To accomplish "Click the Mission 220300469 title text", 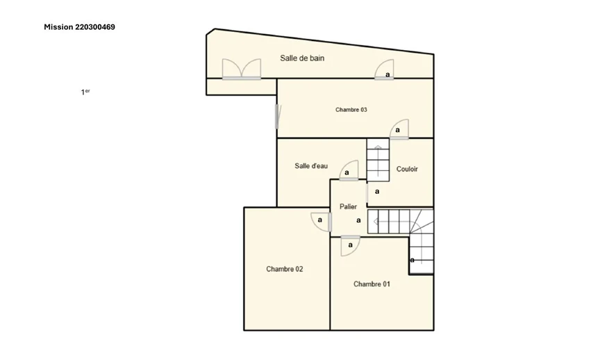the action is pyautogui.click(x=79, y=27).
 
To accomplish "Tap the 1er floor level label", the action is pyautogui.click(x=85, y=92).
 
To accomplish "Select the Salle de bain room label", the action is pyautogui.click(x=302, y=58).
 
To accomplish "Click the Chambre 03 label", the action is pyautogui.click(x=351, y=110).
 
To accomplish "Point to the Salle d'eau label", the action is pyautogui.click(x=311, y=166).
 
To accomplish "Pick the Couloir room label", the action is pyautogui.click(x=407, y=169).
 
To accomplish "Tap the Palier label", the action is pyautogui.click(x=348, y=206).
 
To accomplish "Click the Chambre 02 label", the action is pyautogui.click(x=285, y=269).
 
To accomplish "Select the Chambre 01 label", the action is pyautogui.click(x=372, y=284).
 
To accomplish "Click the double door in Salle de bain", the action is pyautogui.click(x=242, y=69).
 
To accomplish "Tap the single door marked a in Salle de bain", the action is pyautogui.click(x=384, y=70).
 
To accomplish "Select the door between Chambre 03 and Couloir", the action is pyautogui.click(x=399, y=129).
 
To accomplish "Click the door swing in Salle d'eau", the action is pyautogui.click(x=349, y=170).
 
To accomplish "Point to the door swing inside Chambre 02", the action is pyautogui.click(x=322, y=222).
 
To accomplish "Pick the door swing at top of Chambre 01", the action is pyautogui.click(x=351, y=246).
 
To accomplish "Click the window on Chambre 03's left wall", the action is pyautogui.click(x=278, y=116).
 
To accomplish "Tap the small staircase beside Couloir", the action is pyautogui.click(x=378, y=160).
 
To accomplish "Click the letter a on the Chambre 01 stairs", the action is pyautogui.click(x=412, y=260).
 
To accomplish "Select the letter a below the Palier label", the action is pyautogui.click(x=358, y=220).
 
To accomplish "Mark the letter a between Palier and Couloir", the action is pyautogui.click(x=377, y=192).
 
